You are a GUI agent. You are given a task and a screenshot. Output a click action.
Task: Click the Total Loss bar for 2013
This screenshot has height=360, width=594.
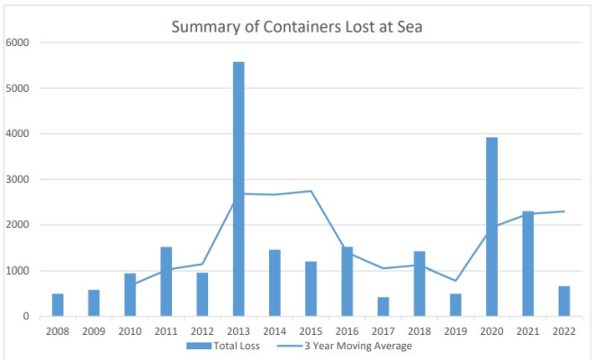(238, 189)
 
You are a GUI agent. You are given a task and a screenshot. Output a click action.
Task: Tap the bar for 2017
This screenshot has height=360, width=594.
(383, 307)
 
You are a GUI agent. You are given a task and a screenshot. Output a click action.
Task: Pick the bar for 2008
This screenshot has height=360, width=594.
(58, 305)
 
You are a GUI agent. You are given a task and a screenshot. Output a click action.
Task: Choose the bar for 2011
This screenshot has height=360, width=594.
(166, 282)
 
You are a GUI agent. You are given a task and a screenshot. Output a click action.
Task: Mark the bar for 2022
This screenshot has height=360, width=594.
(564, 301)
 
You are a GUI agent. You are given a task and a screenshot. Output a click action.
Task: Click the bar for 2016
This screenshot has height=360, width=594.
(347, 282)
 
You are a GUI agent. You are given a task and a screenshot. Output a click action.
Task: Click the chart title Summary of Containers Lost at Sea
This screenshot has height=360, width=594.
(297, 27)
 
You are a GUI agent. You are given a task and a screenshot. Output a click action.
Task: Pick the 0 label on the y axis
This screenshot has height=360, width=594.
(27, 317)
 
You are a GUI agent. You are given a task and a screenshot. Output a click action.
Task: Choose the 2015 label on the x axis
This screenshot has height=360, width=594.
(310, 329)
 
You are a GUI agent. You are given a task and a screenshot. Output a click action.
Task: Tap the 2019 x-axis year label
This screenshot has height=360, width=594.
(455, 329)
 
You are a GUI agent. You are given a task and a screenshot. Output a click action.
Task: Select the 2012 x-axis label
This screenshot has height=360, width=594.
(202, 329)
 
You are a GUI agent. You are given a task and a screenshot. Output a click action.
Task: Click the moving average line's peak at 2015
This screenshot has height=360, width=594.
(310, 191)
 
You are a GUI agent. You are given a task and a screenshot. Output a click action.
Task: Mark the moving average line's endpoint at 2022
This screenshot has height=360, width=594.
(564, 211)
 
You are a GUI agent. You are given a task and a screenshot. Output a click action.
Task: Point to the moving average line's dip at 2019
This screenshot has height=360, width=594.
(455, 281)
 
